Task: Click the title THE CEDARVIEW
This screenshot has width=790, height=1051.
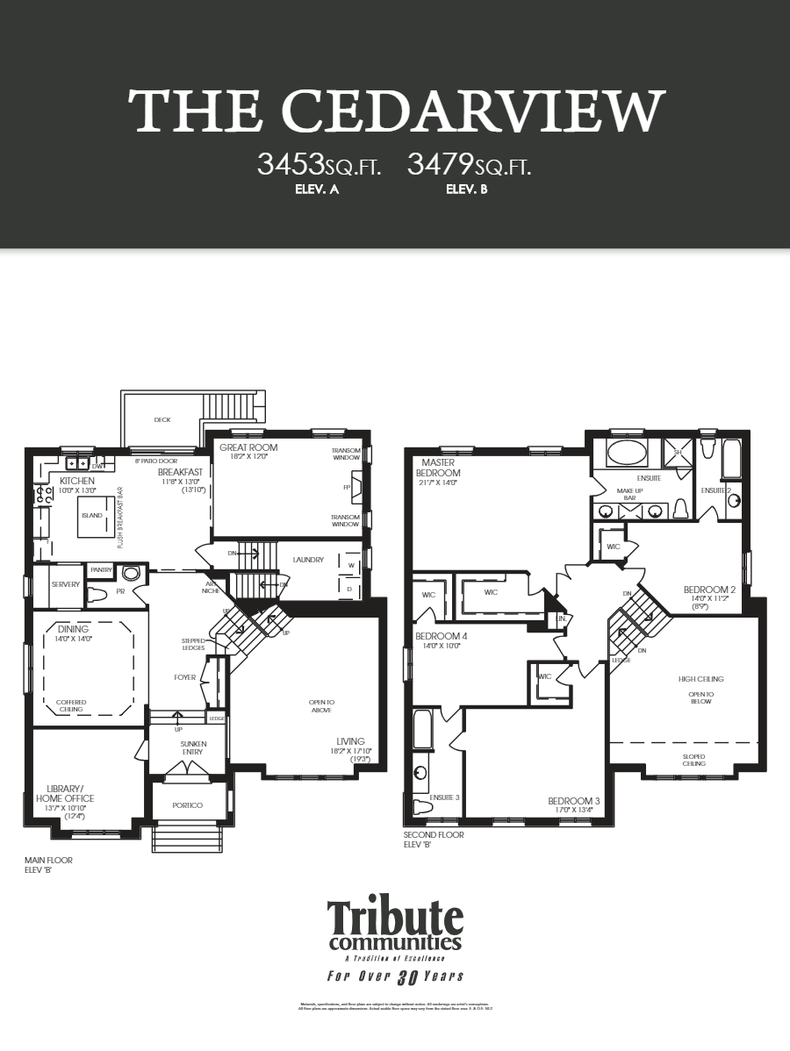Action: [x=395, y=111]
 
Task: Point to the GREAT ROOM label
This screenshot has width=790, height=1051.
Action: [x=248, y=447]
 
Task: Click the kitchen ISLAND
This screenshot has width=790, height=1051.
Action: [x=92, y=515]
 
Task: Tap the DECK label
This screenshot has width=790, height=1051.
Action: [x=162, y=419]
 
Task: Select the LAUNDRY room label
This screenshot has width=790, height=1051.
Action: [x=308, y=560]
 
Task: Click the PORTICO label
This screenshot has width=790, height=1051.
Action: [x=187, y=805]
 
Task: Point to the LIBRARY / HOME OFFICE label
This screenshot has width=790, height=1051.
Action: [x=65, y=793]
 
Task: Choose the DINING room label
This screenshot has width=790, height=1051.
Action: [x=74, y=629]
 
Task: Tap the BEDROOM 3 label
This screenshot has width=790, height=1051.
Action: [x=574, y=801]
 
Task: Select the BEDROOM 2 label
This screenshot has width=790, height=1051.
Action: [x=709, y=590]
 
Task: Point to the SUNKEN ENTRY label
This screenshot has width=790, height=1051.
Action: [x=187, y=748]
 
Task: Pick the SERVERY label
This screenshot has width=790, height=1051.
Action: [x=66, y=584]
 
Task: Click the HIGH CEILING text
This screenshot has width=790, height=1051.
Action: [x=700, y=679]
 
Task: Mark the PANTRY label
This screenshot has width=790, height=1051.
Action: [x=101, y=570]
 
